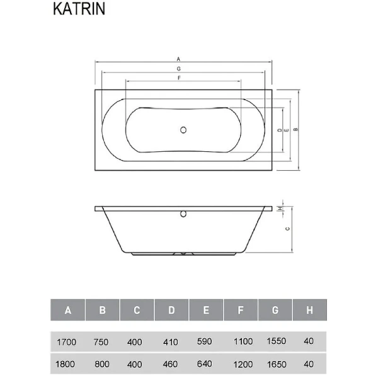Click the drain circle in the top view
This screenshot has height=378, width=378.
pos(183,130)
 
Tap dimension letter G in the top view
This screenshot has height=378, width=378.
pos(180,67)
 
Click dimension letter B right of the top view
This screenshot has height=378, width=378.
pos(295,130)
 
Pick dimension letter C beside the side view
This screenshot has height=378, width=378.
pos(287,230)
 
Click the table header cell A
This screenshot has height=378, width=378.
pos(68,311)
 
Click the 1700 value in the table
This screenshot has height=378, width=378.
pos(66,341)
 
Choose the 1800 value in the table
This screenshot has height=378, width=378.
pos(66,365)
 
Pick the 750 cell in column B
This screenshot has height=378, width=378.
pos(101,341)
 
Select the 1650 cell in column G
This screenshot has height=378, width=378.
pos(276,365)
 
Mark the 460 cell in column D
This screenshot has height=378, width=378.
pos(171,365)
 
